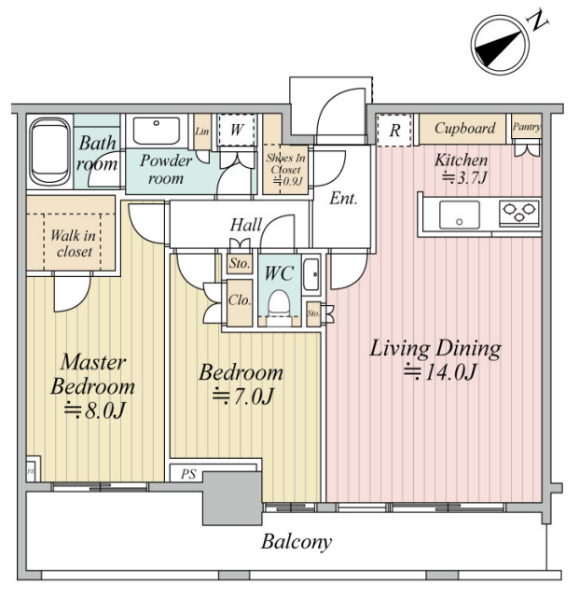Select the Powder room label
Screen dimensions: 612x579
click(165, 169)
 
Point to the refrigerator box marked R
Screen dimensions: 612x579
click(394, 131)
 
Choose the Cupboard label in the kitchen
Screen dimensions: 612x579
click(464, 128)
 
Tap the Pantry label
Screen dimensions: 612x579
click(527, 126)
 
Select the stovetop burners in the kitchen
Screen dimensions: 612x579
click(519, 213)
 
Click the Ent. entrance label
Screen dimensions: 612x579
click(343, 199)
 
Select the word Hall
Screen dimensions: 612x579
click(246, 226)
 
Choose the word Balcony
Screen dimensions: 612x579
click(296, 542)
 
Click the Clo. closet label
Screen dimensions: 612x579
click(239, 301)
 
